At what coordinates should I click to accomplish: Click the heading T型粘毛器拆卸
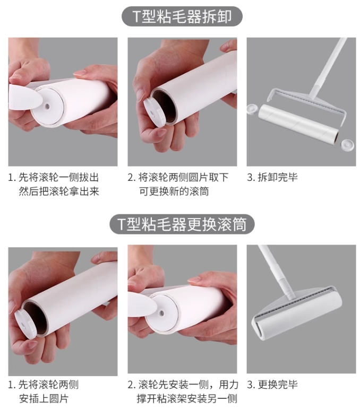click(182, 16)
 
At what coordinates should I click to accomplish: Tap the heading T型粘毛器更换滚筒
click(182, 224)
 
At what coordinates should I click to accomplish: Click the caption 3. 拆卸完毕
click(272, 177)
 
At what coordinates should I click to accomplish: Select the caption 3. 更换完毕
click(272, 385)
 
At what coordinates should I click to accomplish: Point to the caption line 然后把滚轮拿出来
click(59, 191)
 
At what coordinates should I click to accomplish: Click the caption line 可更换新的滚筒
click(174, 191)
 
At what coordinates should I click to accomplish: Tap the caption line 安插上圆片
click(44, 399)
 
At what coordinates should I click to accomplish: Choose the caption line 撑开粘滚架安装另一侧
click(187, 399)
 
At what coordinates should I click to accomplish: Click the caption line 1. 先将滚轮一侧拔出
click(54, 177)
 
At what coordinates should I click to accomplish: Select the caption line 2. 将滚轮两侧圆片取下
click(178, 177)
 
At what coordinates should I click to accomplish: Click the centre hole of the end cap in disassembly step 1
click(47, 106)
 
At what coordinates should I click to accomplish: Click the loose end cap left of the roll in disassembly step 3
click(252, 109)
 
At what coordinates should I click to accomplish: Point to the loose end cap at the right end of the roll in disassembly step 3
click(347, 145)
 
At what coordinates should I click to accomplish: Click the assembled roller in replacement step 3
click(297, 315)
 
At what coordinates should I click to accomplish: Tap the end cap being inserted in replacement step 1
click(25, 324)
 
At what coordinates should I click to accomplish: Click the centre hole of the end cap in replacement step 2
click(161, 312)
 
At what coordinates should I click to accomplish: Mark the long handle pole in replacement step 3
click(277, 272)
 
